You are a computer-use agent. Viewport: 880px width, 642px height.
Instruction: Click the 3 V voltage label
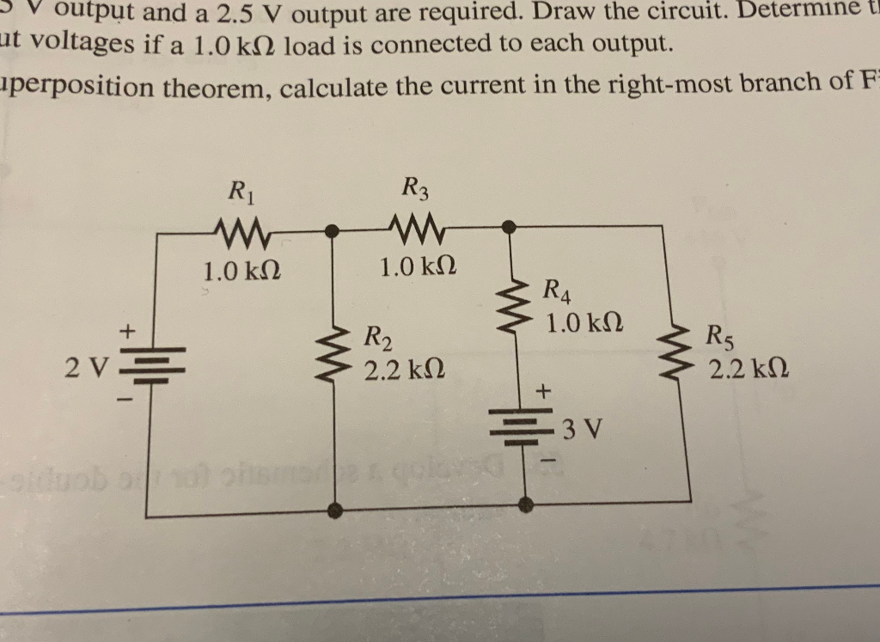tap(584, 427)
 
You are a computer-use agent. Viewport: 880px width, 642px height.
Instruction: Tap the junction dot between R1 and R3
tap(334, 230)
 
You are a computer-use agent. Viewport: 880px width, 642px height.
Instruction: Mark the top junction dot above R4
tap(508, 226)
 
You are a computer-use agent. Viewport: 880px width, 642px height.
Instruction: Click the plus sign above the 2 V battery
tap(129, 328)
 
